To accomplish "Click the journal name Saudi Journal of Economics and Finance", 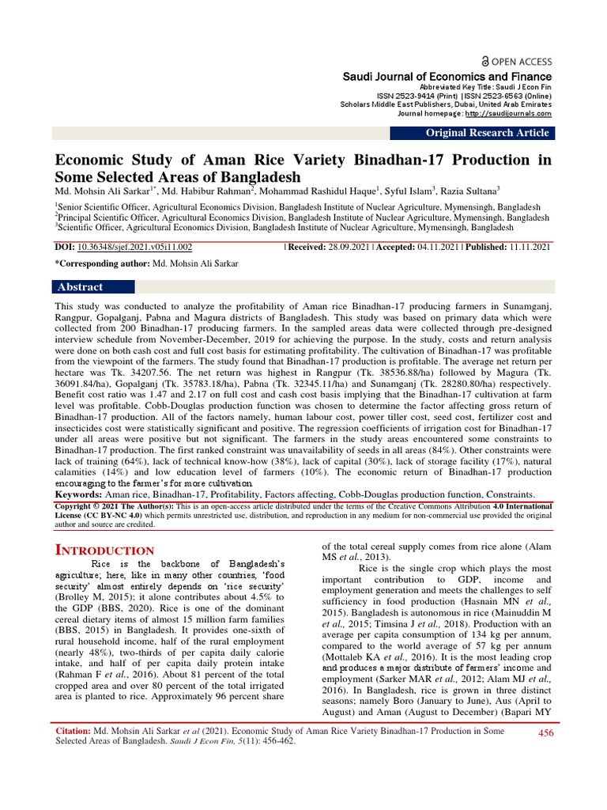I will tap(447, 76).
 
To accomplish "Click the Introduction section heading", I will tap(104, 549).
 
